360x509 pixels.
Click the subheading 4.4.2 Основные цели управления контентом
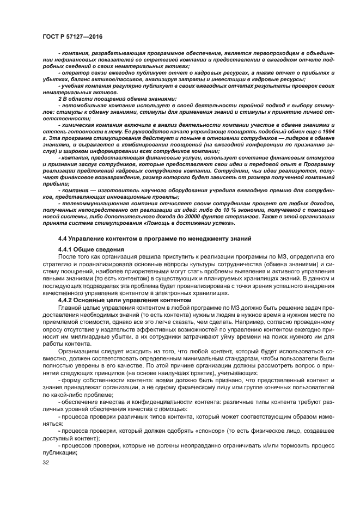pos(125,299)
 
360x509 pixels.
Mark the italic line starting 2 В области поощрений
pos(109,99)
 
